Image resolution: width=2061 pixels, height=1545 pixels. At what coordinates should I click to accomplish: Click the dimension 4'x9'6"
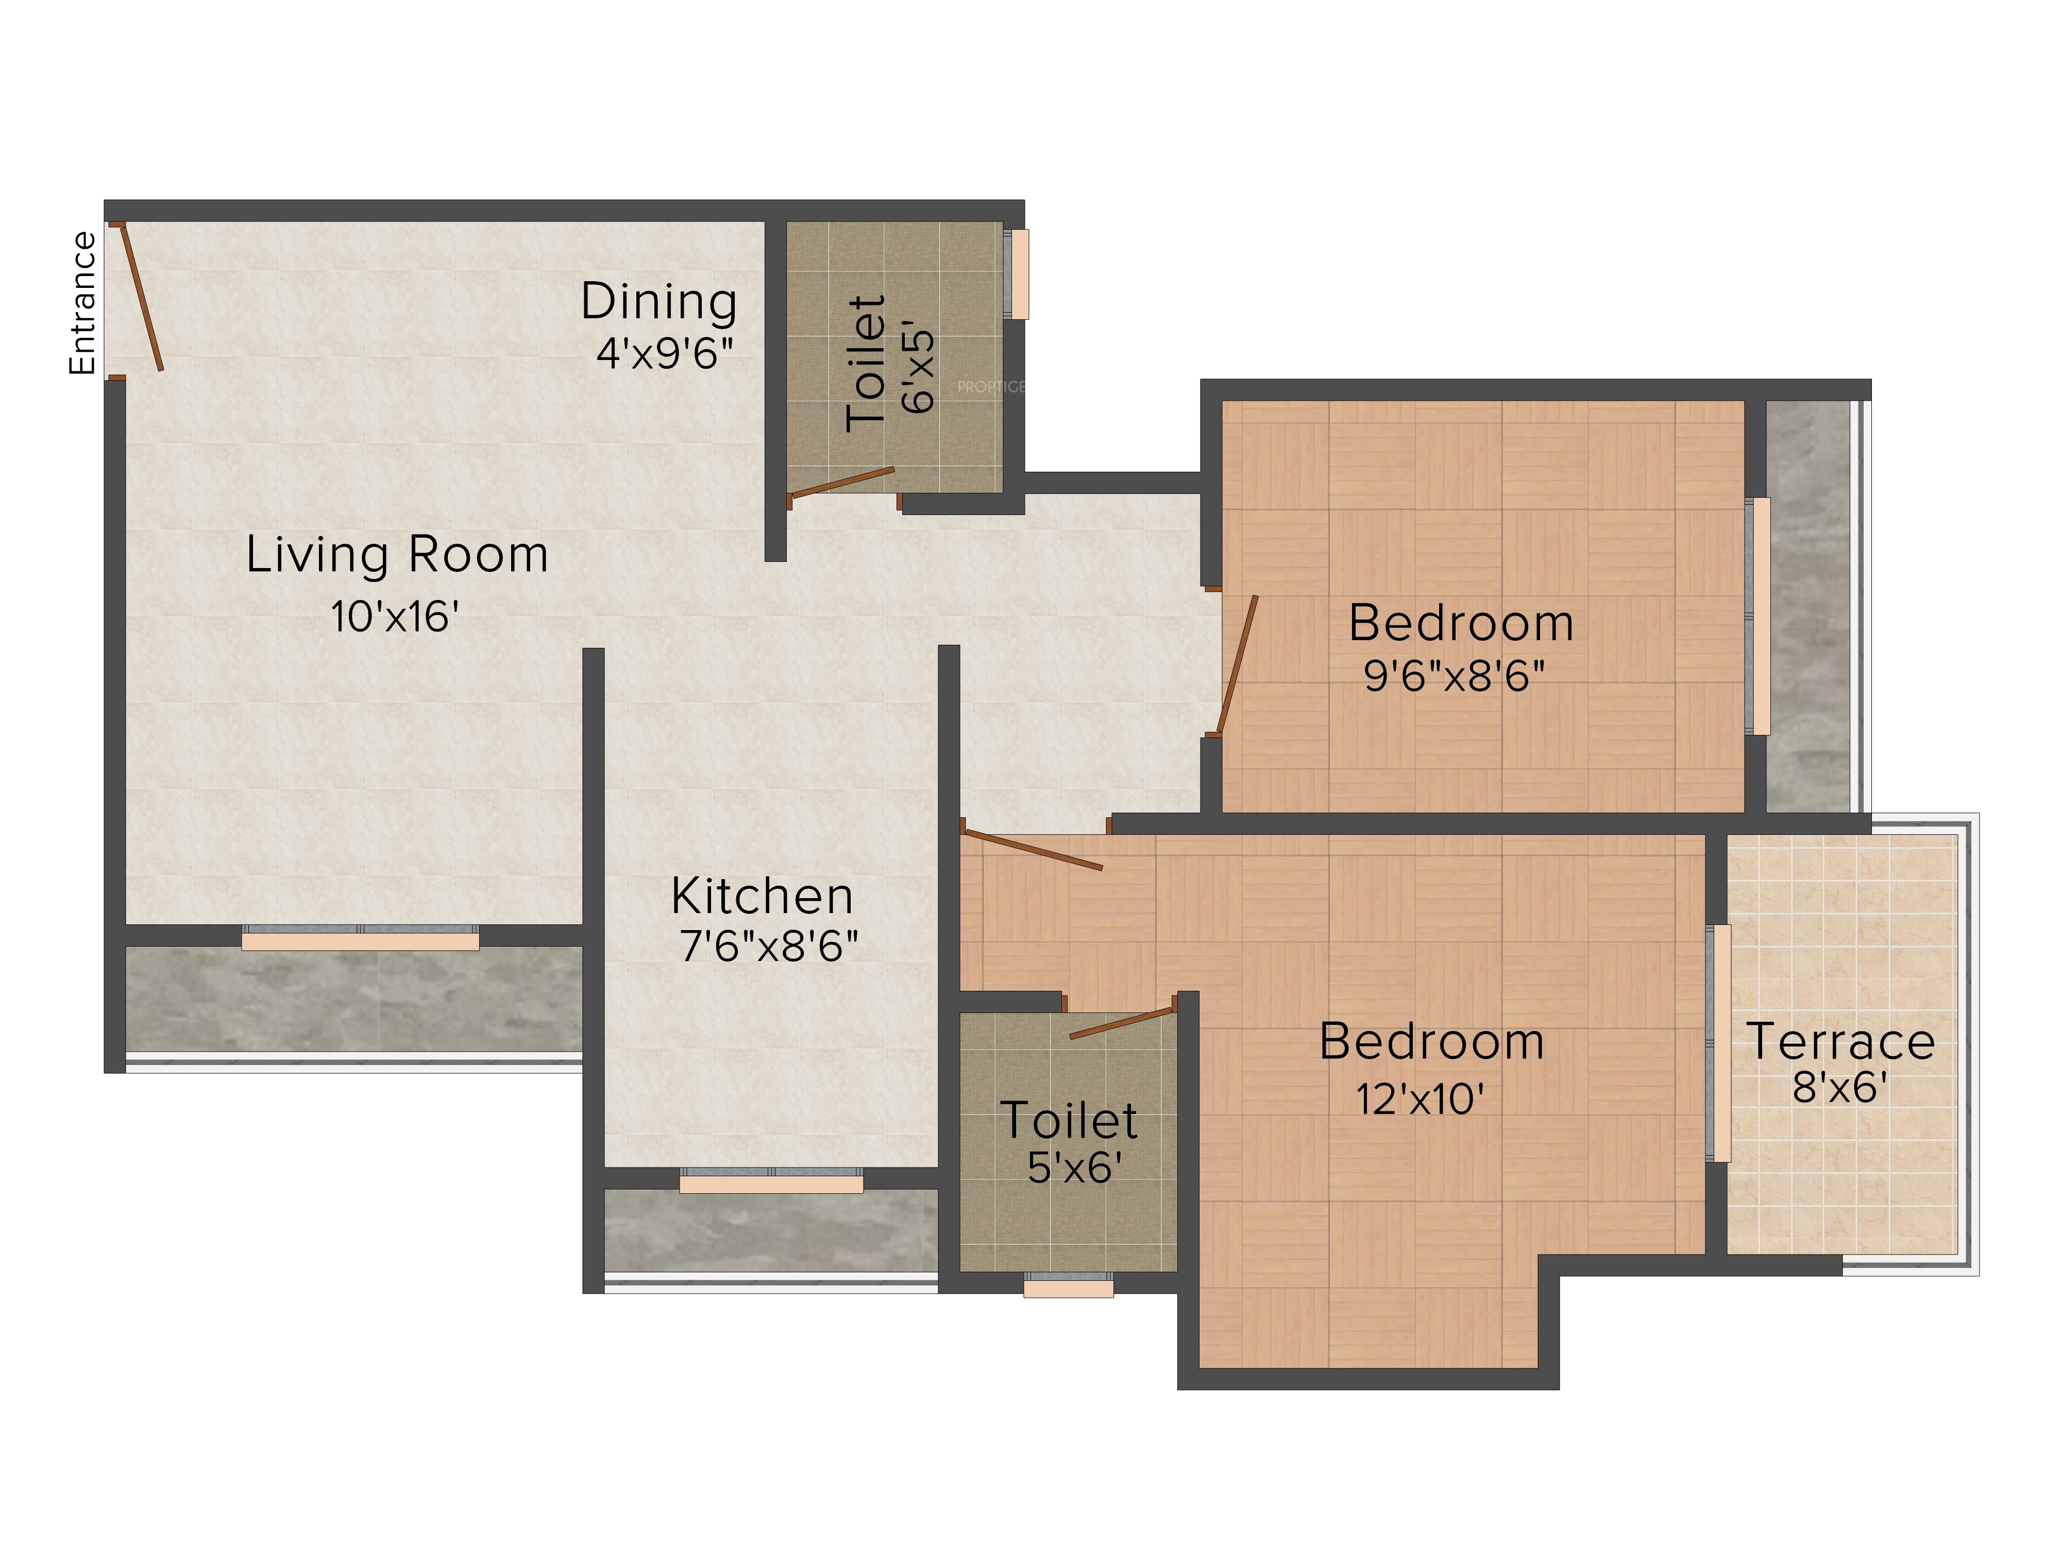pos(664,354)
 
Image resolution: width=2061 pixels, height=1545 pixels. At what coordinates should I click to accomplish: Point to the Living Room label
pos(397,555)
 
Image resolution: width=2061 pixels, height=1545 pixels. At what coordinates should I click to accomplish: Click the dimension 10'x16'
pos(395,616)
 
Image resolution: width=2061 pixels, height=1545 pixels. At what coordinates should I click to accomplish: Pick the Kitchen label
pos(762,897)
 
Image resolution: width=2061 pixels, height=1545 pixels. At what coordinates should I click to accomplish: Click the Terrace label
pos(1840,1041)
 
